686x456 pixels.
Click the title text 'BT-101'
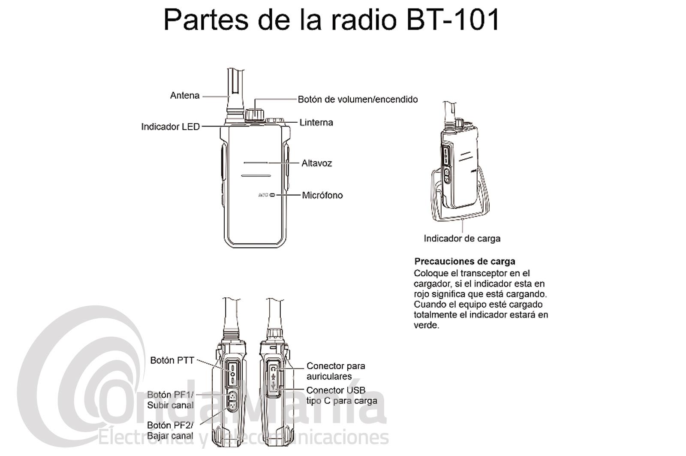point(453,20)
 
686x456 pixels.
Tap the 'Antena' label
point(185,96)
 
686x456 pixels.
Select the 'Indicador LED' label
point(170,127)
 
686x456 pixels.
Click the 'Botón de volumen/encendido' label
point(358,99)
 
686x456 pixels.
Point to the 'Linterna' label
point(316,122)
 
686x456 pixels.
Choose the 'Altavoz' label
point(317,163)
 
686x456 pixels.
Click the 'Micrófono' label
point(322,195)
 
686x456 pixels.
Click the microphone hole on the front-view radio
point(272,195)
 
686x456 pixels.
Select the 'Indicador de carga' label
point(462,239)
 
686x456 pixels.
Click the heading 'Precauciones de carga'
point(465,261)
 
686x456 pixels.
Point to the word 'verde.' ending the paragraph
point(426,325)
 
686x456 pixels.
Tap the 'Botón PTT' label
point(172,360)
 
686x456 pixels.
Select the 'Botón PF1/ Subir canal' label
point(170,400)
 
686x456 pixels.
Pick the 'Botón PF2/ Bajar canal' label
point(170,431)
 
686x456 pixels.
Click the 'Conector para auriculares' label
point(336,371)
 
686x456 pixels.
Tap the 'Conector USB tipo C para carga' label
point(341,396)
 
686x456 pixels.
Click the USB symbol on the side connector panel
point(274,385)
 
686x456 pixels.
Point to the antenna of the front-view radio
point(235,95)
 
